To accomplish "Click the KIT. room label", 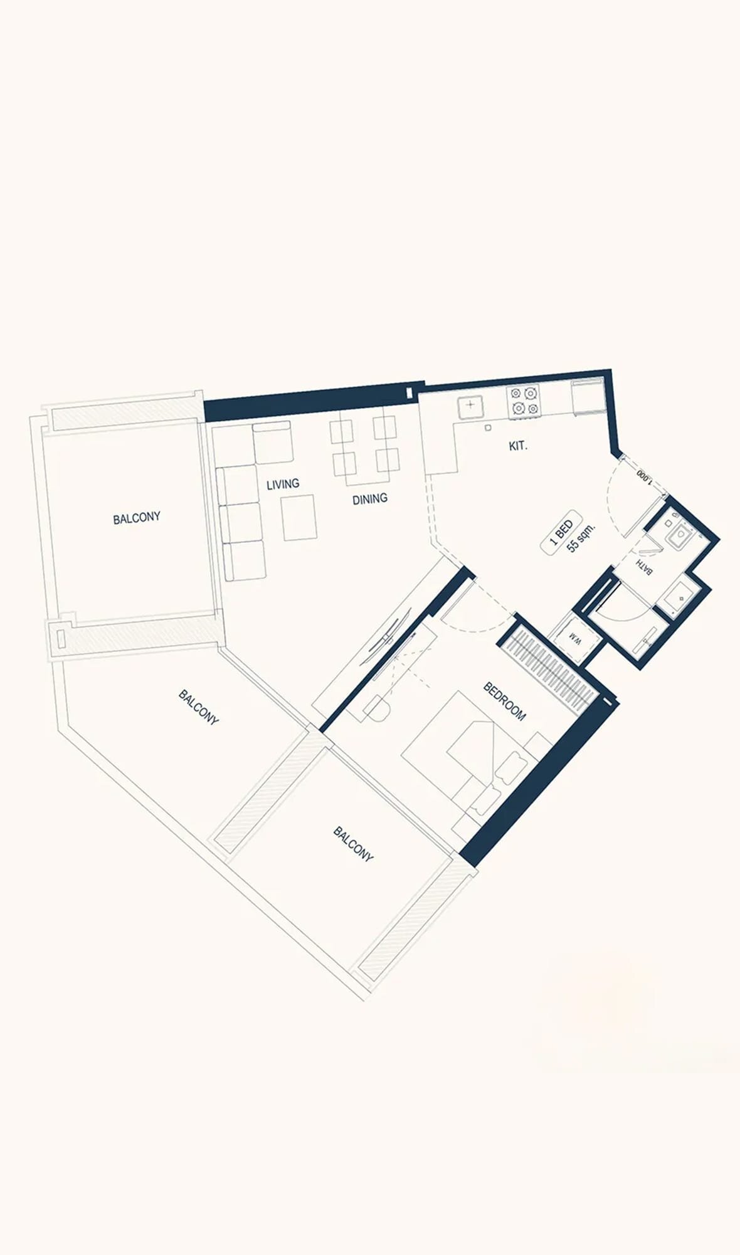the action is point(518,447).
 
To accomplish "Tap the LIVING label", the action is point(283,485).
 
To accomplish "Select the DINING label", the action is point(369,499).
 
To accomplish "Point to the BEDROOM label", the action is point(505,701).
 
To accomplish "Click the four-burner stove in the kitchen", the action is point(524,401).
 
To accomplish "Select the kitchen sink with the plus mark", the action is point(470,407).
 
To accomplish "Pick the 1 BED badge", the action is point(562,532).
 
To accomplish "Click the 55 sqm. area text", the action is point(581,537).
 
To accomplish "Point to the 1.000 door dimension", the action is point(644,476).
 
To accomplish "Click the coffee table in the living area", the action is point(299,518).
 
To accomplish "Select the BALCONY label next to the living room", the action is point(137,518).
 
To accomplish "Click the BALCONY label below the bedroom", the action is point(353,844).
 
